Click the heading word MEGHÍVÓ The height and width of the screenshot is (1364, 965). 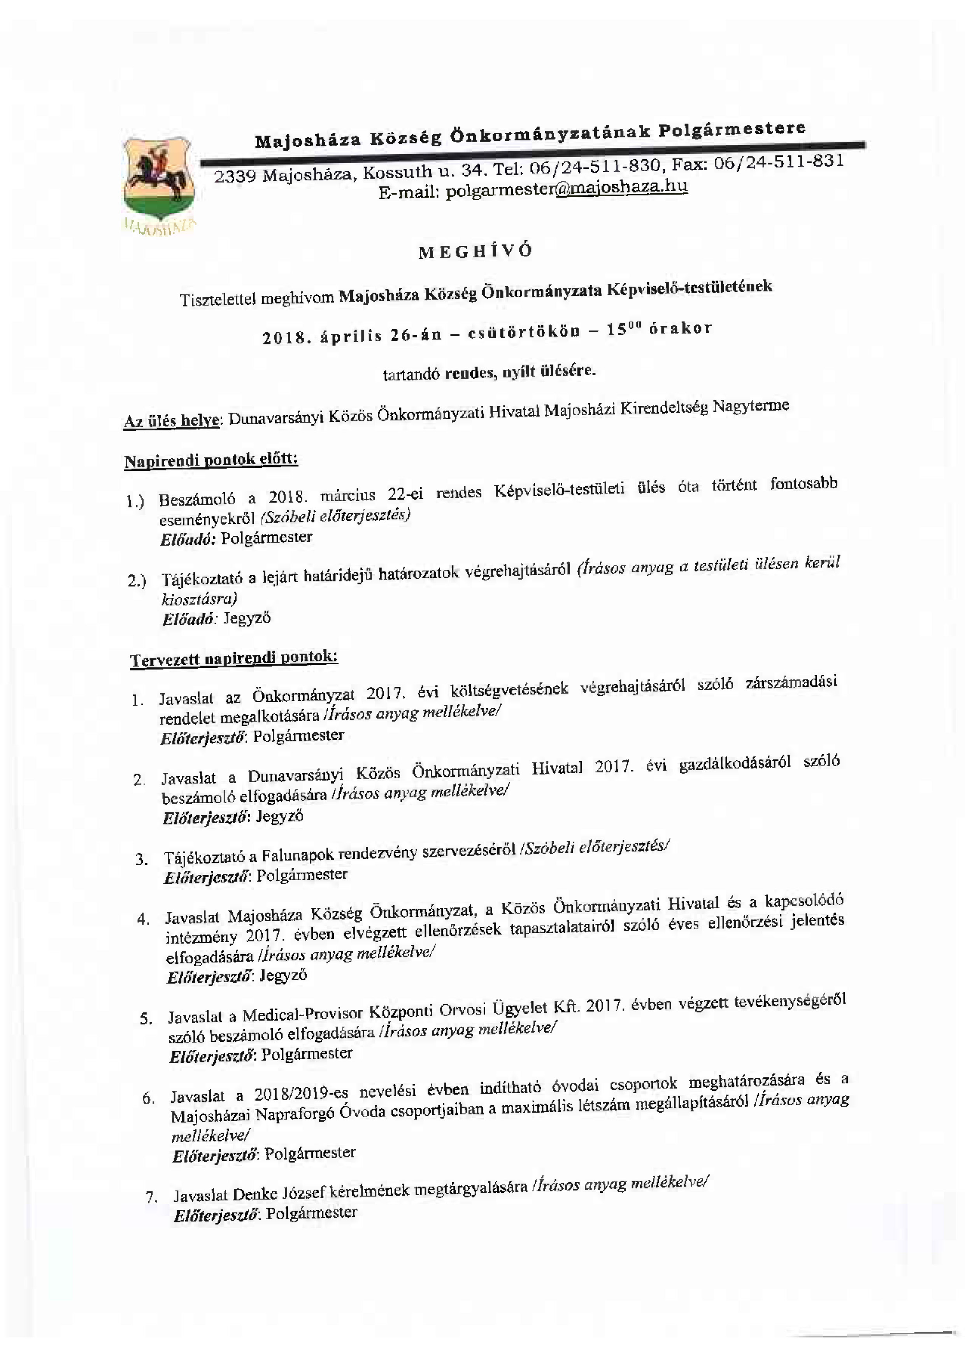(x=475, y=251)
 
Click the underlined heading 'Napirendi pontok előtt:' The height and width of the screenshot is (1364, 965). (x=211, y=461)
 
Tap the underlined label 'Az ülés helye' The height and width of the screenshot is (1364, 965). (x=172, y=421)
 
